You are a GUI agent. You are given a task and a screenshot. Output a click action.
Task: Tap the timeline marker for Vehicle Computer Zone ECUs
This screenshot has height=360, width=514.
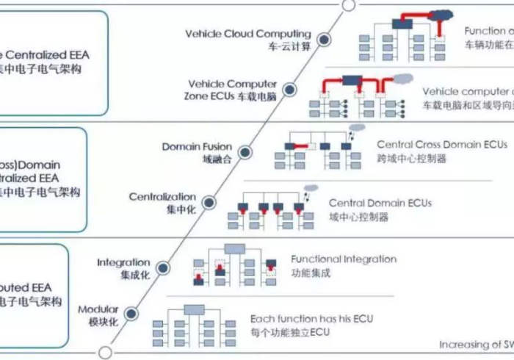click(x=289, y=90)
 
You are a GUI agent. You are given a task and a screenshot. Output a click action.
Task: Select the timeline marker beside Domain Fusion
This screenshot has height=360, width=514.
click(x=245, y=152)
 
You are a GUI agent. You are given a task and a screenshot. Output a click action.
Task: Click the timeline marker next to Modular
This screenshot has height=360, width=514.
click(x=131, y=314)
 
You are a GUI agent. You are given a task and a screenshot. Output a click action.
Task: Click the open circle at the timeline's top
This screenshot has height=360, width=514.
click(x=349, y=5)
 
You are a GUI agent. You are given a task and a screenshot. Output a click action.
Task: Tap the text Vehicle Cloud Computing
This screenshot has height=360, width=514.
click(x=248, y=34)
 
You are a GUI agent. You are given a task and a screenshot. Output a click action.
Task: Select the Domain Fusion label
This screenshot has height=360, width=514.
click(x=196, y=147)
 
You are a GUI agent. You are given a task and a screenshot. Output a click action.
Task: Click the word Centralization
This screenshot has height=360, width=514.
click(x=162, y=197)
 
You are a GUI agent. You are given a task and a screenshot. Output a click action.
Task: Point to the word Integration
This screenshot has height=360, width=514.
click(x=123, y=262)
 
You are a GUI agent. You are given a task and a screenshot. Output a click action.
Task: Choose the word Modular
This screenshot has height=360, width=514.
click(x=98, y=309)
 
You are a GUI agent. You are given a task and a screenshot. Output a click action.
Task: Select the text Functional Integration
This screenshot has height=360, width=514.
click(x=344, y=259)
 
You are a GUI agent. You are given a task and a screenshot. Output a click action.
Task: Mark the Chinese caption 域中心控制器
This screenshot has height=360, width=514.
click(x=358, y=217)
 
